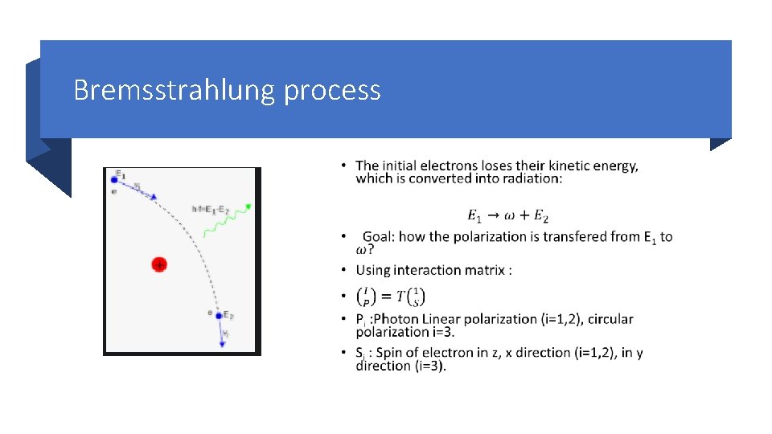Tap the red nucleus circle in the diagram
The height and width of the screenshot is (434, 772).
pyautogui.click(x=159, y=264)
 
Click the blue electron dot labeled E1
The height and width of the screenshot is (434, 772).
pyautogui.click(x=114, y=180)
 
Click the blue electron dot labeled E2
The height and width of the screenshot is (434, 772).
pyautogui.click(x=218, y=316)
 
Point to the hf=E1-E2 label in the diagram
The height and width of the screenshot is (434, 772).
pyautogui.click(x=211, y=209)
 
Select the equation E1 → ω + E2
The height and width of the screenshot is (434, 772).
pyautogui.click(x=507, y=215)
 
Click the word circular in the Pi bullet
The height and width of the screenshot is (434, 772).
pyautogui.click(x=610, y=319)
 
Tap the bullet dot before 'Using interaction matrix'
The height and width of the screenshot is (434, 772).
pyautogui.click(x=344, y=270)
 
